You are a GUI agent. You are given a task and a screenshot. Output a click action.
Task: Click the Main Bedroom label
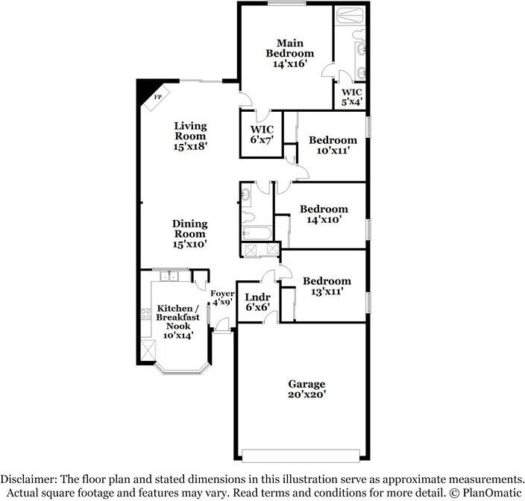click(x=290, y=53)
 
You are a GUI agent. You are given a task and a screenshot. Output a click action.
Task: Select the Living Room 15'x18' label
click(x=190, y=136)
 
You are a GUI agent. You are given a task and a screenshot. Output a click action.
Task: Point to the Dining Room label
click(x=189, y=233)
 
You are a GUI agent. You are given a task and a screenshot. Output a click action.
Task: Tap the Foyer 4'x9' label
click(x=222, y=298)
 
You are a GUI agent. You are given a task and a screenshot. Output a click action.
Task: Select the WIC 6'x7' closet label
click(x=262, y=133)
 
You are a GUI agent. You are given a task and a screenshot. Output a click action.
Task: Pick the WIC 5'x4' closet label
click(x=352, y=97)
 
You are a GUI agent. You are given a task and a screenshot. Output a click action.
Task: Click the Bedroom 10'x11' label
click(x=333, y=145)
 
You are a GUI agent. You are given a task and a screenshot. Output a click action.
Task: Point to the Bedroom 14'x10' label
click(x=323, y=214)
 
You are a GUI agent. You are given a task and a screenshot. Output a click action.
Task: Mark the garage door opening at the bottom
click(x=303, y=454)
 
